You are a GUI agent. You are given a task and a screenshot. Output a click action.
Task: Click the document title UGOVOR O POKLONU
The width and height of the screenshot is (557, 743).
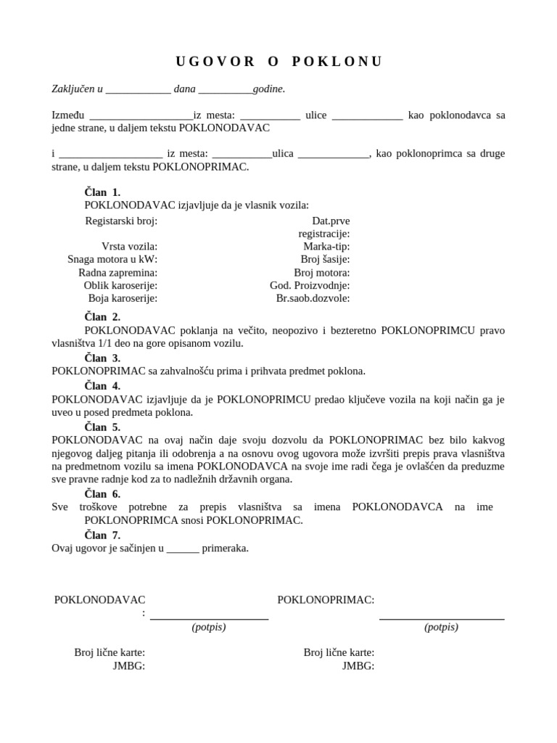point(278,62)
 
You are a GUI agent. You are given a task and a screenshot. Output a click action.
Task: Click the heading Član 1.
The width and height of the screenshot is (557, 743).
point(102,192)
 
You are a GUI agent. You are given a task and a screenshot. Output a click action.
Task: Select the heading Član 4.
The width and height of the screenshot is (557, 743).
point(102,386)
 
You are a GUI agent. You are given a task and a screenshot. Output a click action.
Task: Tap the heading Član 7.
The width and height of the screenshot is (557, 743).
point(102,535)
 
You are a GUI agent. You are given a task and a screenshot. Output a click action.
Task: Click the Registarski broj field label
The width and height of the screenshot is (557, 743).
point(121,221)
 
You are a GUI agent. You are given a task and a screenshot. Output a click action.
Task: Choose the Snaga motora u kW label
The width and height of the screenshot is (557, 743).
point(112,259)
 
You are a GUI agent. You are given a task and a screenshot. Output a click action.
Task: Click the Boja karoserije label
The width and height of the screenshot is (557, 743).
point(123,298)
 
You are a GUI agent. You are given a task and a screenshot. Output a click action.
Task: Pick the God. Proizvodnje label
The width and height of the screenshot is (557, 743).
point(310,285)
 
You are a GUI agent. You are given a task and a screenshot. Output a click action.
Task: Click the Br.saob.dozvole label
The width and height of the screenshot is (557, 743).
point(313,298)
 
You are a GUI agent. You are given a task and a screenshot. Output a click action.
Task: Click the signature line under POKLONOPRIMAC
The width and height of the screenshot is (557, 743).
point(442,618)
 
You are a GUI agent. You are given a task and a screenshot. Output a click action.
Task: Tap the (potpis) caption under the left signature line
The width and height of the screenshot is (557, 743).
point(209,627)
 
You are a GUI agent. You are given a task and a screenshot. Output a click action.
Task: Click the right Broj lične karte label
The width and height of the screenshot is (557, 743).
point(339,652)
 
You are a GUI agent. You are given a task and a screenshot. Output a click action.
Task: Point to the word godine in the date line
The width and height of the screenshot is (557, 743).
point(268,89)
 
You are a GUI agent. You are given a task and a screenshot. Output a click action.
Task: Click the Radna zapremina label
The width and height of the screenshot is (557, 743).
point(117,272)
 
